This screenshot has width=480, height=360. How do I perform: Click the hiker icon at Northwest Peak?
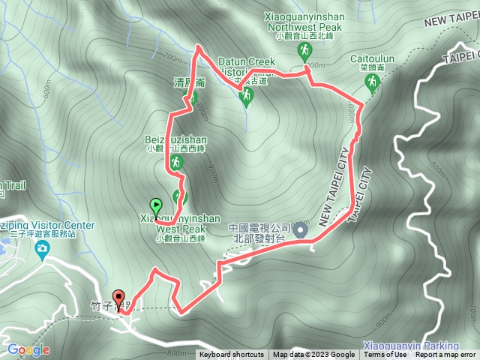pos(304,51)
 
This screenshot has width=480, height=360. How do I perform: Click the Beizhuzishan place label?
pos(175,139)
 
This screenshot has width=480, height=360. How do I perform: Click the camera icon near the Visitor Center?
pos(43,247)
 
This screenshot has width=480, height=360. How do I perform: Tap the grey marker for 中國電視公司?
pos(300,230)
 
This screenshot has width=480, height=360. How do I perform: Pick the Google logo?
pos(28,349)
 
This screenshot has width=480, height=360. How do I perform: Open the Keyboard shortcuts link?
pos(231,355)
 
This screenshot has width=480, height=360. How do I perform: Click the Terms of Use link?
pos(385,355)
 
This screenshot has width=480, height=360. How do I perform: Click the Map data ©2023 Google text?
pos(313,355)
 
